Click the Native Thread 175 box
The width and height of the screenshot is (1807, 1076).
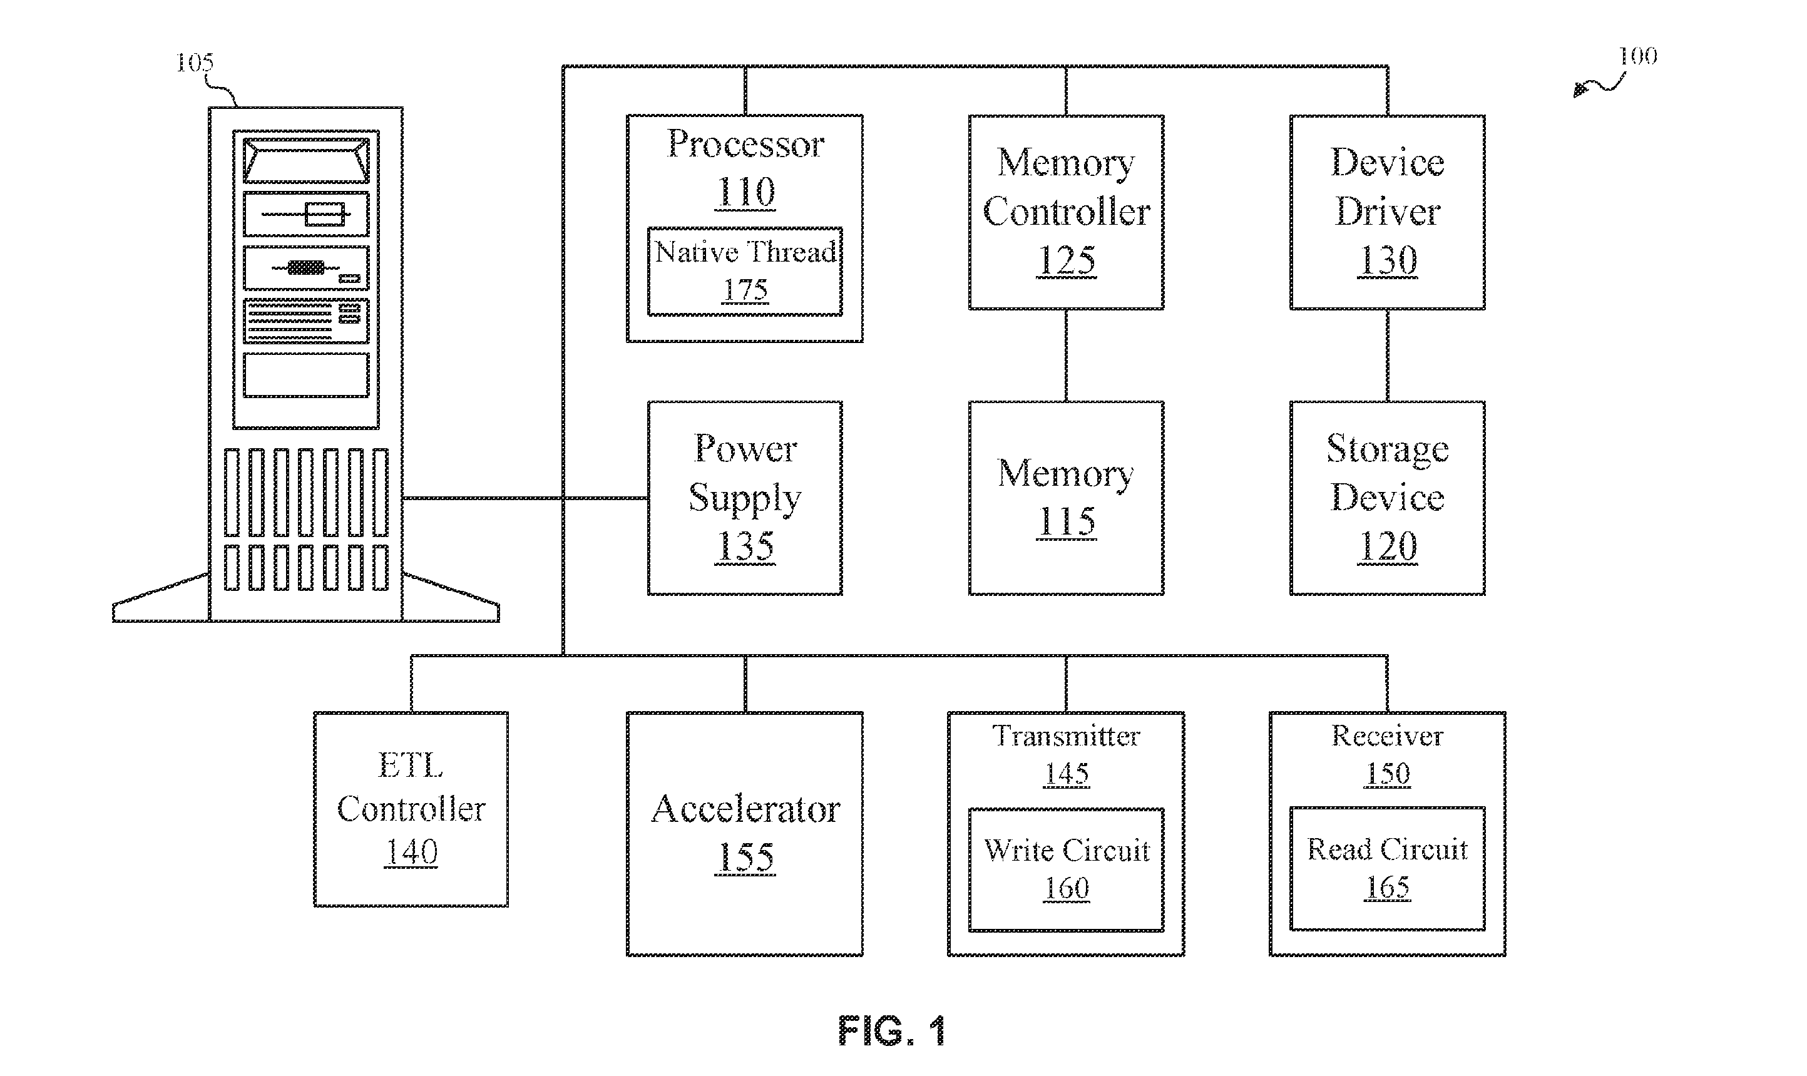(x=744, y=271)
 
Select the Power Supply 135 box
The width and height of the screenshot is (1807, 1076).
(x=744, y=498)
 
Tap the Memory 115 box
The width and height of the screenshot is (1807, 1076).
(x=1065, y=498)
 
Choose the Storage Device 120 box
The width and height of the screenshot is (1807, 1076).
(x=1386, y=498)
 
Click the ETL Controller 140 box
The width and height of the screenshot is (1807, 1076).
(x=411, y=809)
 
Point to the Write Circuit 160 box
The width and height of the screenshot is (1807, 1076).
(x=1065, y=869)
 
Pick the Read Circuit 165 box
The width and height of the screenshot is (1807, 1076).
(x=1386, y=869)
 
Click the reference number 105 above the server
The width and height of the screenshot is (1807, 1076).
(x=195, y=63)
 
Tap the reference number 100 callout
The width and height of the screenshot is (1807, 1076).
(x=1637, y=56)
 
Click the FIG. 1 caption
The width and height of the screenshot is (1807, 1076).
(x=891, y=1030)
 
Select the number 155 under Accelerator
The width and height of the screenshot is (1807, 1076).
(x=745, y=857)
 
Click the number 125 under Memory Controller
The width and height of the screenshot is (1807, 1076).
(x=1066, y=260)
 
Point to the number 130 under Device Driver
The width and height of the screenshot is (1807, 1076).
(x=1387, y=260)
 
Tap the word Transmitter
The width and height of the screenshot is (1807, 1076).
(x=1066, y=736)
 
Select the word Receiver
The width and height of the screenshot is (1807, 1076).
(x=1387, y=736)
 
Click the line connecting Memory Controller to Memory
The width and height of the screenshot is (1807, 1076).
(x=1065, y=356)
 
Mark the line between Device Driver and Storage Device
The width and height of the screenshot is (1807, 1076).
(x=1386, y=356)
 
